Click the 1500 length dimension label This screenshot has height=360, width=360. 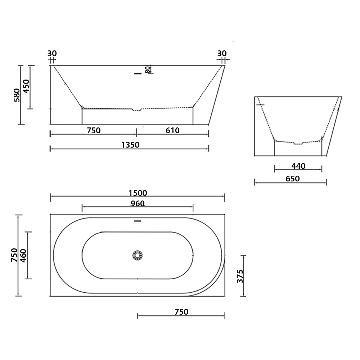[x=138, y=193]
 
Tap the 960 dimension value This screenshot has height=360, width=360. [x=138, y=203]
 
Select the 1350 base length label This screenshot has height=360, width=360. [x=130, y=145]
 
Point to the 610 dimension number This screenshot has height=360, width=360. [x=172, y=130]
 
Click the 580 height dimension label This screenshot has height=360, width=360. [x=17, y=95]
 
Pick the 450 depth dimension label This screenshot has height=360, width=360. [x=27, y=86]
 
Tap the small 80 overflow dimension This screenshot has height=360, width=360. [x=148, y=69]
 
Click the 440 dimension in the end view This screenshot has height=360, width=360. [x=298, y=166]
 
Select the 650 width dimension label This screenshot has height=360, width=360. [x=292, y=179]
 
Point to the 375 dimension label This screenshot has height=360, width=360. [x=240, y=276]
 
